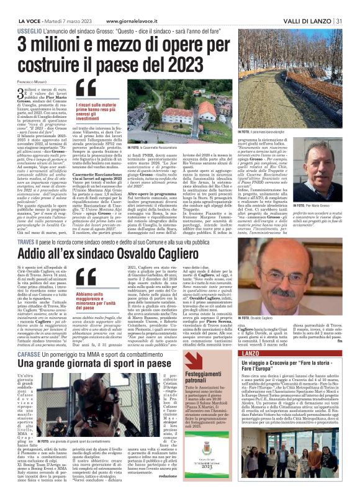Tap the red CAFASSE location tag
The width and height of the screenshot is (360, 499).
pyautogui.click(x=28, y=349)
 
